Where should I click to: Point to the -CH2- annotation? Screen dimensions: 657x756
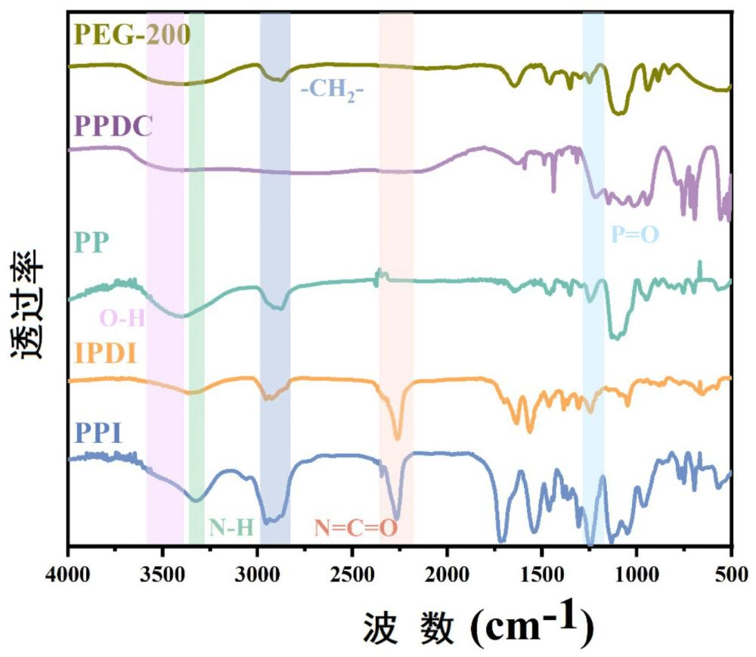pos(333,92)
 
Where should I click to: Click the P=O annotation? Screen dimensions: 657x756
pos(635,235)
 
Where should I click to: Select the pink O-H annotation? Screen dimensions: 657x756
pos(122,318)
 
